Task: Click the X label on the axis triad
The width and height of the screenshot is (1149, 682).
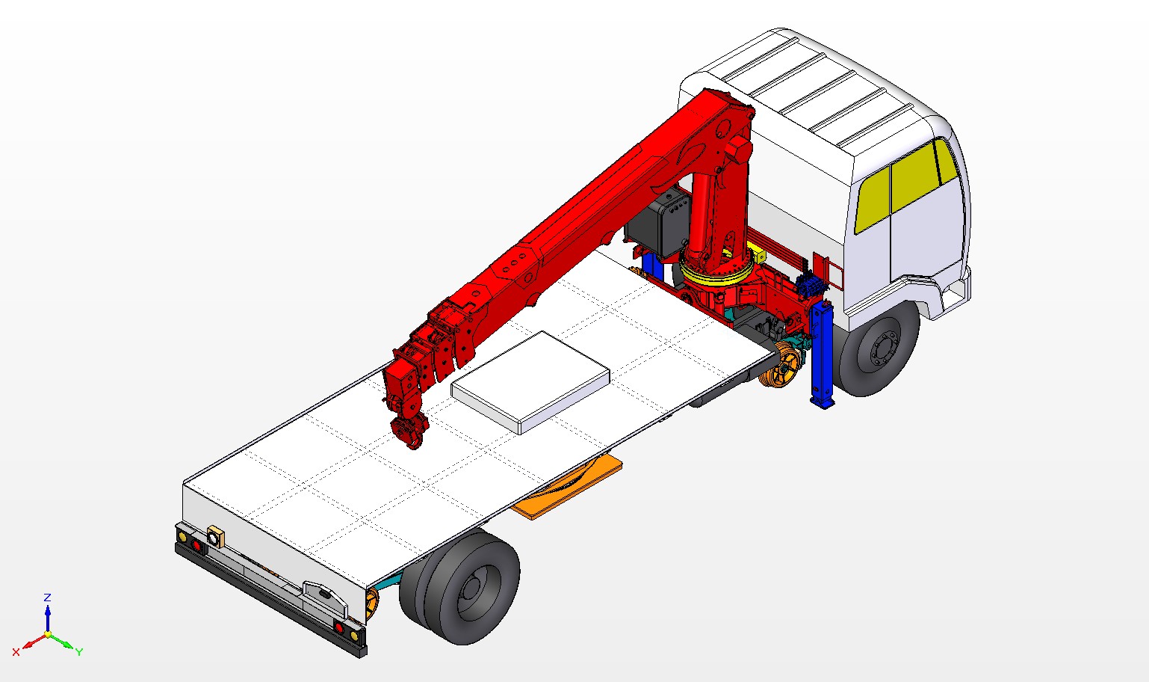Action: pos(16,652)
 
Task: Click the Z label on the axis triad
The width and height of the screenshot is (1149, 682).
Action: pos(47,597)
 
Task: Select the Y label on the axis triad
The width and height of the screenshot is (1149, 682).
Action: pos(79,652)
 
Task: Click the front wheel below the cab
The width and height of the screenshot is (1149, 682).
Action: pos(877,350)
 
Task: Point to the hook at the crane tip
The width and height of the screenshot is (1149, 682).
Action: pos(409,432)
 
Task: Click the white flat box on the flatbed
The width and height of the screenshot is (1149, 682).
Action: pos(530,382)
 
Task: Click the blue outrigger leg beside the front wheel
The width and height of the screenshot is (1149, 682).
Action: pos(822,354)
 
